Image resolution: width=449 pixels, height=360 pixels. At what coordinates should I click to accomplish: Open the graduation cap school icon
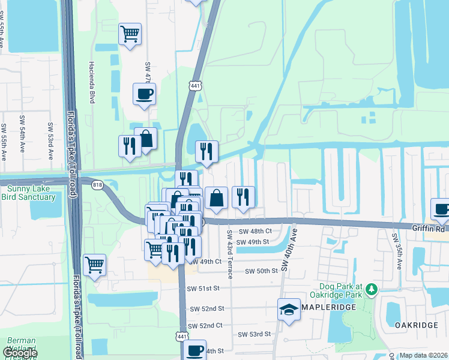(x=289, y=310)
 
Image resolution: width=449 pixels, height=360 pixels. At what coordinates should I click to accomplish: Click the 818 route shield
(x=97, y=185)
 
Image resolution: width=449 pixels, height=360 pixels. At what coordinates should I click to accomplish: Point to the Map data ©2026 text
(x=423, y=355)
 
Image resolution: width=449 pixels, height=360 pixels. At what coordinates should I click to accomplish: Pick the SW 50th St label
(x=261, y=271)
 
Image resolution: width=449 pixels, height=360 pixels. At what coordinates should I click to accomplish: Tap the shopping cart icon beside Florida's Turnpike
(x=94, y=264)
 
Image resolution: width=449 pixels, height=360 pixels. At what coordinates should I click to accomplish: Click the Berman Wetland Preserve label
(x=22, y=344)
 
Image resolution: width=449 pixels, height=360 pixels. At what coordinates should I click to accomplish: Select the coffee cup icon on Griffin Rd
(x=441, y=209)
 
